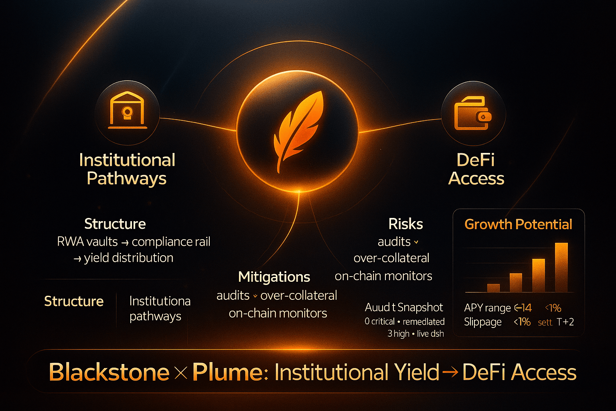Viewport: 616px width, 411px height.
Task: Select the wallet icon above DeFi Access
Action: [473, 113]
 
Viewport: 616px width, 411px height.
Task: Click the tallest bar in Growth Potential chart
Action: [561, 267]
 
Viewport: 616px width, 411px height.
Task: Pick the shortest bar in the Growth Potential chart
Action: [493, 287]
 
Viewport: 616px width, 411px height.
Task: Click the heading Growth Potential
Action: [518, 224]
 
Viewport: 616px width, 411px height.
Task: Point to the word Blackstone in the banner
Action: [109, 372]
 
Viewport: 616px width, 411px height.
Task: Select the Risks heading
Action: [405, 224]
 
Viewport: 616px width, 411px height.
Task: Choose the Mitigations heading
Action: [274, 277]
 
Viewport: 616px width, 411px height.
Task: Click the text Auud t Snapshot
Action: [404, 307]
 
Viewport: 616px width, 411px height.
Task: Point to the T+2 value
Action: [565, 322]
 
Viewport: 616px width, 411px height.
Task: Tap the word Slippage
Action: [483, 322]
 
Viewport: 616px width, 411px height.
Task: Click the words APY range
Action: [487, 308]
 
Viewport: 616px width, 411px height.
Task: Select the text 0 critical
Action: [379, 321]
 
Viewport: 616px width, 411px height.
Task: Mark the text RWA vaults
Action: [87, 242]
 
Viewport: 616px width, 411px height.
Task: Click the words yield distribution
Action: [128, 258]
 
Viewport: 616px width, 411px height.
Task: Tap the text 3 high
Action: [398, 334]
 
